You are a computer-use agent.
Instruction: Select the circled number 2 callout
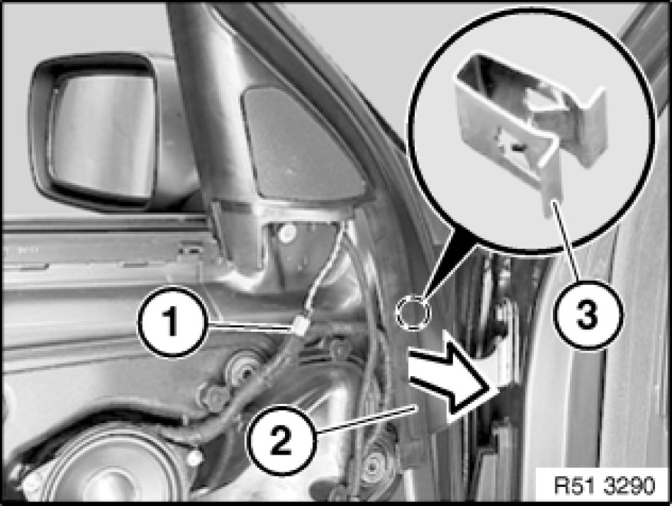click(281, 440)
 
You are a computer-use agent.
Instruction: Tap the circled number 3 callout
click(587, 316)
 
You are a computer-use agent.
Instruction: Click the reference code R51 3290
click(604, 486)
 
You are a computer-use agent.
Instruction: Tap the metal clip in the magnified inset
click(531, 124)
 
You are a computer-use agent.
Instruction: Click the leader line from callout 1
click(250, 326)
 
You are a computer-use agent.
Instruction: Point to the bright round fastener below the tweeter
click(286, 232)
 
